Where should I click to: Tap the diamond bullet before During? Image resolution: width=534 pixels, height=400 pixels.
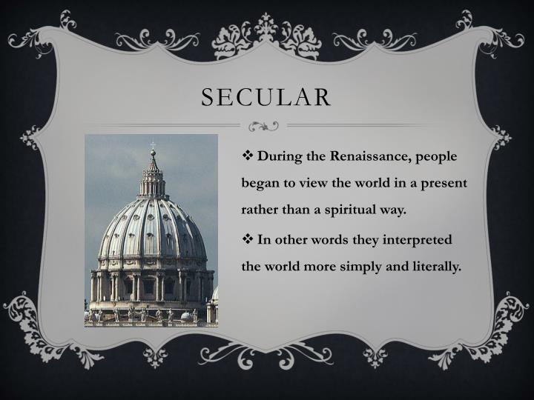[x=248, y=157]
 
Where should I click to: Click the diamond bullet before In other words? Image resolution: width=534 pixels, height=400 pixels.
[x=248, y=240]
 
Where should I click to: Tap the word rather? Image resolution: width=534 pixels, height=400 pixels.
[x=260, y=210]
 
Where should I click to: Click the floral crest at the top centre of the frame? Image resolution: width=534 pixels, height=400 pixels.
[x=266, y=33]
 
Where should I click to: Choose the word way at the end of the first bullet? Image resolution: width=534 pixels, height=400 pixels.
[x=393, y=210]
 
